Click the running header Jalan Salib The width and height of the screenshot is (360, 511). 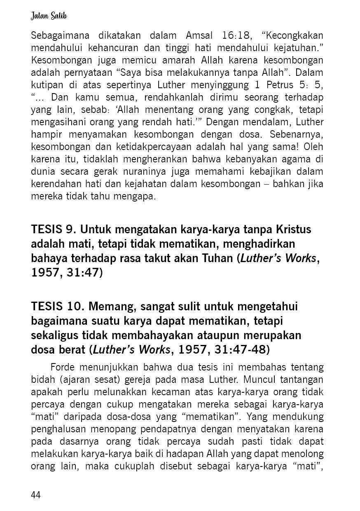pyautogui.click(x=49, y=16)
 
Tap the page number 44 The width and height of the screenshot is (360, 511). pyautogui.click(x=36, y=495)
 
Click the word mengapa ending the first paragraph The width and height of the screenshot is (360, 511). pyautogui.click(x=135, y=196)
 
